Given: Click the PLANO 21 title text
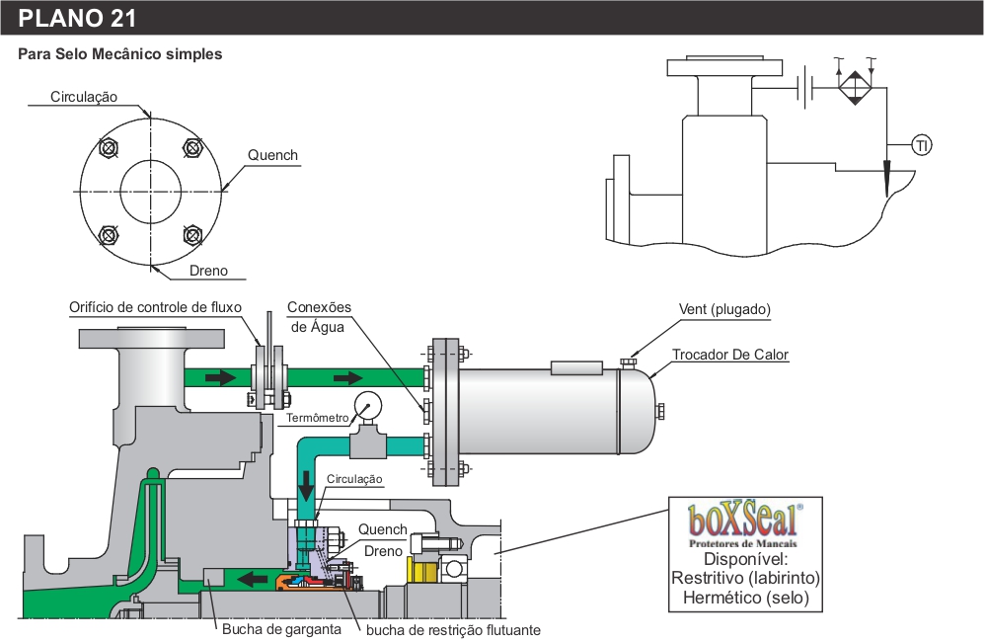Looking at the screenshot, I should [x=77, y=18].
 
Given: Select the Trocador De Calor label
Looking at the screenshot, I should [x=730, y=355].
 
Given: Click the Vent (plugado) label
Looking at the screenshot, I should [x=724, y=309].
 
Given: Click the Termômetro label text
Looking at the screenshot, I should [x=318, y=418].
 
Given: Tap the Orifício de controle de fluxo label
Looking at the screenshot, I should [x=155, y=307].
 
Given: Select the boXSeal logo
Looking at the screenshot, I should [x=744, y=522].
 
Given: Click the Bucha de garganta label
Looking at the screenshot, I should [x=281, y=629].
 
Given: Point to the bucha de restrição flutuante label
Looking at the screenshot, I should [x=453, y=629].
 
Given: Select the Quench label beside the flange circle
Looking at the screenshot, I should [x=272, y=155].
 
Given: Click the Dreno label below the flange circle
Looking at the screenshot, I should [x=208, y=271].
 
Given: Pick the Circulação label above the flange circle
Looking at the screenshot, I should [x=85, y=97].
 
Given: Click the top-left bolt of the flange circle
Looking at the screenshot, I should [x=108, y=148].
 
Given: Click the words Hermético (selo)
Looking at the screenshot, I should [x=745, y=598].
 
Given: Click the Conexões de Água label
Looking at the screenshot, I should [x=319, y=316].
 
